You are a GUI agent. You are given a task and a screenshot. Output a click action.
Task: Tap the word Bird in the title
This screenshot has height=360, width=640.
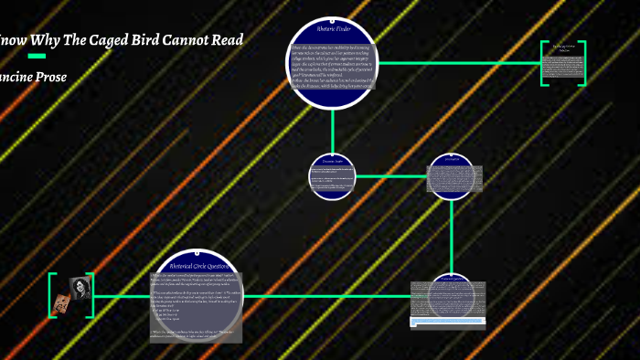click(x=159, y=40)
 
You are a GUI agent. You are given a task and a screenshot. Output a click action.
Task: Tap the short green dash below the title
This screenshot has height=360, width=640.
click(x=37, y=57)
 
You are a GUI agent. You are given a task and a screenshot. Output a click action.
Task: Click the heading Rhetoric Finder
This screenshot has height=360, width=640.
click(x=334, y=31)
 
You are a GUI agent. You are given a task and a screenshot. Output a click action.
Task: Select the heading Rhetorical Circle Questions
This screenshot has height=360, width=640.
click(x=197, y=267)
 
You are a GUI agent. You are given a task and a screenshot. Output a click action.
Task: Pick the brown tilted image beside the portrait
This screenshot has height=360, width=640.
click(x=63, y=298)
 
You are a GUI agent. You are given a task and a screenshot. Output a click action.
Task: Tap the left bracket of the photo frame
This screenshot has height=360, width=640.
click(x=51, y=295)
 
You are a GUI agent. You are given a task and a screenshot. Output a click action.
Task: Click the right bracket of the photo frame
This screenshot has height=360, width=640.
click(x=91, y=295)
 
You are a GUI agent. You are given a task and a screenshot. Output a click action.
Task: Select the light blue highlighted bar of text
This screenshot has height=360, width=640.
click(x=447, y=321)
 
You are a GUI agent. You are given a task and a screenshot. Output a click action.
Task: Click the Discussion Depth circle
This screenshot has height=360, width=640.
click(x=331, y=175)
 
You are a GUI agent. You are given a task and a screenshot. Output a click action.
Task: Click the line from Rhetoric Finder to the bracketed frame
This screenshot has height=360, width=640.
click(x=457, y=63)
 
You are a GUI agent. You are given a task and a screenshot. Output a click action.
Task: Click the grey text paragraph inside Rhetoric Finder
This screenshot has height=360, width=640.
click(x=333, y=66)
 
